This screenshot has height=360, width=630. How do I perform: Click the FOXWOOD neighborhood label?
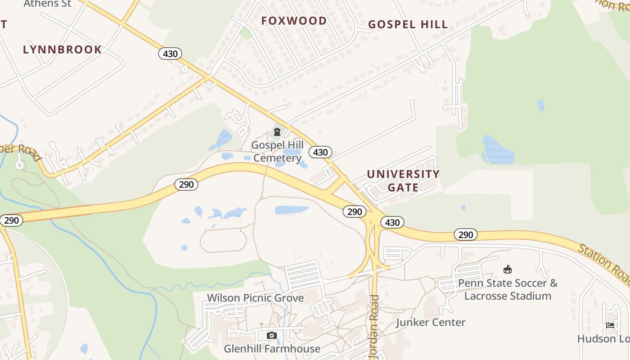(294, 21)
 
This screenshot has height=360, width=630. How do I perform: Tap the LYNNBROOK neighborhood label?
(62, 49)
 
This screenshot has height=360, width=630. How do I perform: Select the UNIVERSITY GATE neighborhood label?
(403, 180)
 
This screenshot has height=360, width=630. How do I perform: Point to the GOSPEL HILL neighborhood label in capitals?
(408, 24)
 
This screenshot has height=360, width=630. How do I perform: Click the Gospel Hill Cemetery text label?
(277, 152)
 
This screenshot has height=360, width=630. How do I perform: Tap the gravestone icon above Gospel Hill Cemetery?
(277, 132)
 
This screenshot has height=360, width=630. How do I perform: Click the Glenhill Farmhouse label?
(272, 349)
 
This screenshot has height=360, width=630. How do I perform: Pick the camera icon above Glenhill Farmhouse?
(271, 335)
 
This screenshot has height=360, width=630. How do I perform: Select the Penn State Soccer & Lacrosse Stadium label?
(508, 289)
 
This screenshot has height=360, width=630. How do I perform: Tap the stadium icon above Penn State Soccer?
(508, 270)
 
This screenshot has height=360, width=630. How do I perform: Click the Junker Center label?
(431, 322)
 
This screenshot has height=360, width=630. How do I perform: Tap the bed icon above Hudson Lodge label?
(610, 325)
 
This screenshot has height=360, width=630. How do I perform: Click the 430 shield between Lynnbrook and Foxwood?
(170, 54)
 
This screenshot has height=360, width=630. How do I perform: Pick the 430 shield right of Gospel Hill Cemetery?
(320, 152)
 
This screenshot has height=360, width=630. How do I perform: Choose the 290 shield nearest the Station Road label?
(465, 234)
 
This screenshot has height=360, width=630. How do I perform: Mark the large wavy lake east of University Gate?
(498, 150)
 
